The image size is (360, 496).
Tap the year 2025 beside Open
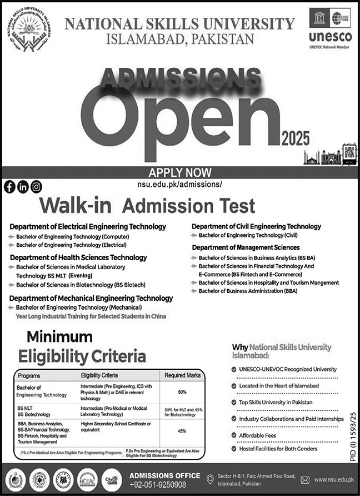point(294,138)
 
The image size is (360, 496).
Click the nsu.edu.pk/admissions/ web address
point(178,183)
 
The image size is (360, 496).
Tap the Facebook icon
point(9,187)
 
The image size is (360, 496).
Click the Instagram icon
point(36,187)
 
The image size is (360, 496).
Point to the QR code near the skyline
point(349,153)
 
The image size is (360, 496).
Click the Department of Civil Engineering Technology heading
point(256,226)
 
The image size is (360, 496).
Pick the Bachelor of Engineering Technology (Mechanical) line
point(79,307)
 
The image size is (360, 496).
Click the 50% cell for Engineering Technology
point(182,392)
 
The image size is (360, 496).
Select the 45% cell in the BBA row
point(182,430)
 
